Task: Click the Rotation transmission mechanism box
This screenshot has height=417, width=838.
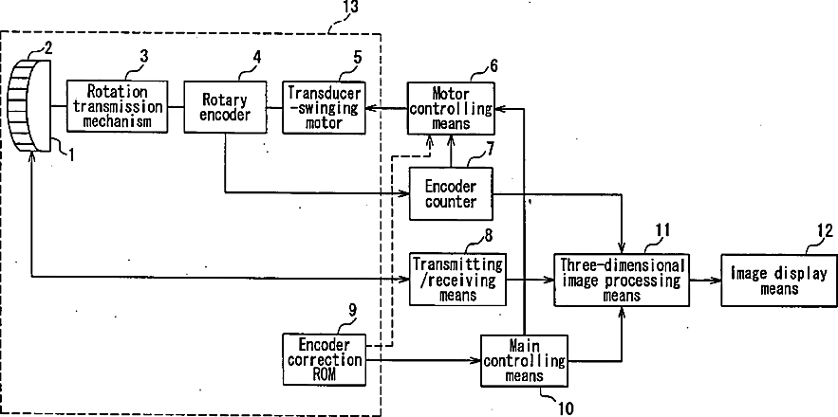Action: coord(117,106)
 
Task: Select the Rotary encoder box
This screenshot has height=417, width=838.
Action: coord(225,106)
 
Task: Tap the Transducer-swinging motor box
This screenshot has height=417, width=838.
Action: coord(324,106)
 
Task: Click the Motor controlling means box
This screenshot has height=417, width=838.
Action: coord(451,108)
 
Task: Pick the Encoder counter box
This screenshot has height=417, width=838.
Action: coord(451,193)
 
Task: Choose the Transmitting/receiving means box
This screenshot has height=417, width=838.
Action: coord(457,279)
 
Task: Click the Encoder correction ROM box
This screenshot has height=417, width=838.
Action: coord(324,359)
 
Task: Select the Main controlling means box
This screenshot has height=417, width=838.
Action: coord(524,360)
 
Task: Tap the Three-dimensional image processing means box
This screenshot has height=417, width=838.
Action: coord(621,280)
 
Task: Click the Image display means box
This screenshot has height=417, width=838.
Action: coord(778,280)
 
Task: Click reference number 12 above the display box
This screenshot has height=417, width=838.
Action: coord(825,230)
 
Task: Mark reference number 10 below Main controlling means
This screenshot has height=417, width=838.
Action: coord(564,408)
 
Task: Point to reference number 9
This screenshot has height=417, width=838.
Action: coord(352,311)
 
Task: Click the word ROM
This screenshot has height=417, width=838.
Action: coord(324,374)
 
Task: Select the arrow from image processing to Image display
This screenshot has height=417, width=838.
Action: coord(705,280)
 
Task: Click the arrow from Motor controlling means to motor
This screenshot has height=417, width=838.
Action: coord(386,108)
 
